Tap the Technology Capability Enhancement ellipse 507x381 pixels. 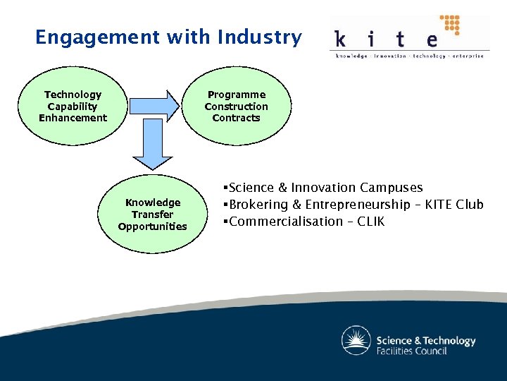[x=73, y=106]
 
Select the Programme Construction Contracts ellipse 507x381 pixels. [x=237, y=106]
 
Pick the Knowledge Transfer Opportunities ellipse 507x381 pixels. [x=153, y=214]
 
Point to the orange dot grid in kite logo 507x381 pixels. [x=449, y=25]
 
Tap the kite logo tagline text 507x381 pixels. [x=409, y=56]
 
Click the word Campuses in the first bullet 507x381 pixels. [x=392, y=188]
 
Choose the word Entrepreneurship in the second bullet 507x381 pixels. [x=350, y=205]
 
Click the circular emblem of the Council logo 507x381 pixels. [x=356, y=341]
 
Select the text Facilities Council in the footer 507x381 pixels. [x=412, y=351]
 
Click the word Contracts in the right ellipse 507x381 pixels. [x=237, y=118]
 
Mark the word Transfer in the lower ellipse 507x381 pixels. [x=153, y=214]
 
